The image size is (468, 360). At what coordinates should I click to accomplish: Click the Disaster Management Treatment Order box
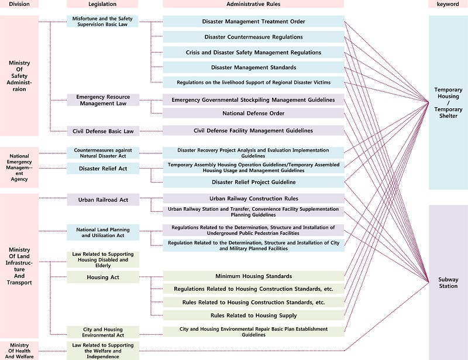[253, 22]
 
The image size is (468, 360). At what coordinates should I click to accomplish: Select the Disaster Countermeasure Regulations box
[253, 37]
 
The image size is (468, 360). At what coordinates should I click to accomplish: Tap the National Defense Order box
[253, 114]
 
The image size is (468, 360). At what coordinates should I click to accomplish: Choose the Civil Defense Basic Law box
[103, 131]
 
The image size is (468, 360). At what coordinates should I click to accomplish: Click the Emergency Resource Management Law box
[103, 100]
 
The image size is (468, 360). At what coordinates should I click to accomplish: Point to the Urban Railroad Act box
[103, 200]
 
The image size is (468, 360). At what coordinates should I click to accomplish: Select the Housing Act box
[103, 277]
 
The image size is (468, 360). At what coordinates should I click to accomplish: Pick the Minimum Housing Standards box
[253, 276]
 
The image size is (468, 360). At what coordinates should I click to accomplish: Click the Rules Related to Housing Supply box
[253, 316]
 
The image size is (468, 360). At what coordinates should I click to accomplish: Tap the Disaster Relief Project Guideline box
[253, 182]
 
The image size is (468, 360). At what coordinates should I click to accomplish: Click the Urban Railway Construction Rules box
[253, 198]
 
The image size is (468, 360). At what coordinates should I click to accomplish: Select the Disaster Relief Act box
[103, 169]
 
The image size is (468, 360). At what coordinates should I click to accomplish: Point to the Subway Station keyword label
[448, 283]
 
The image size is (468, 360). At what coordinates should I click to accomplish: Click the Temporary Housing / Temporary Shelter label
[448, 103]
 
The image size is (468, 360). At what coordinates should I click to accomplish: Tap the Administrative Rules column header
[253, 4]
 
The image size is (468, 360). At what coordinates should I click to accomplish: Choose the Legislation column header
[103, 4]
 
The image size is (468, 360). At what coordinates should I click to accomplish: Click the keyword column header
[448, 4]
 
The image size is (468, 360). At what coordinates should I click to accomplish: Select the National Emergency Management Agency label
[19, 167]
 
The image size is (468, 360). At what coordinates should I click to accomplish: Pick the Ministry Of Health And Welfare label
[19, 351]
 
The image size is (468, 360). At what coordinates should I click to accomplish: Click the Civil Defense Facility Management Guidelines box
[253, 131]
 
